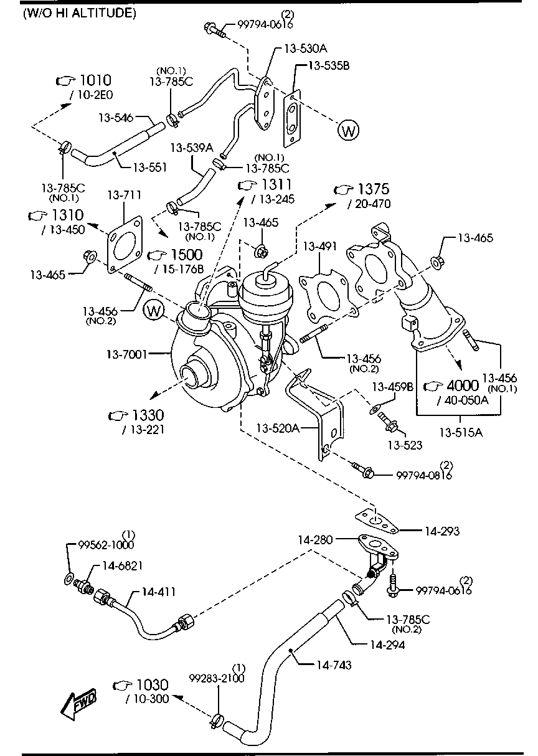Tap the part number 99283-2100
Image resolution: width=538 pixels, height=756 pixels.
point(217,678)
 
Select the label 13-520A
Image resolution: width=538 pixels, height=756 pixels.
point(278,428)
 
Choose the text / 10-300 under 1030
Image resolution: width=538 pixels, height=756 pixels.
point(147,699)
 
